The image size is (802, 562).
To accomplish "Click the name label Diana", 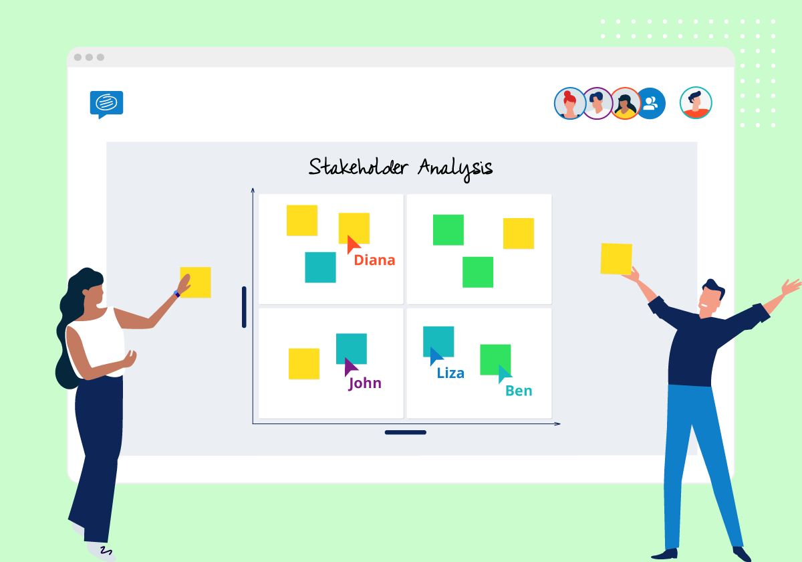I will pos(374,260).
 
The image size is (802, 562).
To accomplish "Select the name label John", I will pos(365,383).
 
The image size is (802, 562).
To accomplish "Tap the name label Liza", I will pos(450,373).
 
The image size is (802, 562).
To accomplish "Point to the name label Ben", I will pos(519,391).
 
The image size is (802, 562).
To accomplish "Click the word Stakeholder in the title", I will pos(358,167).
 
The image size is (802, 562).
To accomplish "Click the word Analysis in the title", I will pos(455,167).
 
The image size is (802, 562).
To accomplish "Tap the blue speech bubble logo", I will pos(106,104).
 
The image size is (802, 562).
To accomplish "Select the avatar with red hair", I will pos(570,104).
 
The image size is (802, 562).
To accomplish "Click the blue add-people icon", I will pos(650,104).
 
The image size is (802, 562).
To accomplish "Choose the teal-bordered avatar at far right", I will pos(696,103).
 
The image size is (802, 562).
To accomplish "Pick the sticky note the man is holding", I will pos(616,258).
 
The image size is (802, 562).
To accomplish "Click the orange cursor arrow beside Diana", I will pos(353,244).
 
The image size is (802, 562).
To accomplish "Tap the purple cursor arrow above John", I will pos(350,367).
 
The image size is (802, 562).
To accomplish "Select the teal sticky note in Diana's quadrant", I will pos(320,267).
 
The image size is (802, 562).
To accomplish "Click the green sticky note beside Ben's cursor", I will pos(495,359).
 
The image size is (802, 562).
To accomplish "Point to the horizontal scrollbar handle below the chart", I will pos(405,432).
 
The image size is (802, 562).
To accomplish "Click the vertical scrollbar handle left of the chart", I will pos(244,307).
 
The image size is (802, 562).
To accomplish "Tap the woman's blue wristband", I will pos(177,293).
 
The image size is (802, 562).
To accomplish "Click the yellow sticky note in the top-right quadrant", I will pos(518,233).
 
